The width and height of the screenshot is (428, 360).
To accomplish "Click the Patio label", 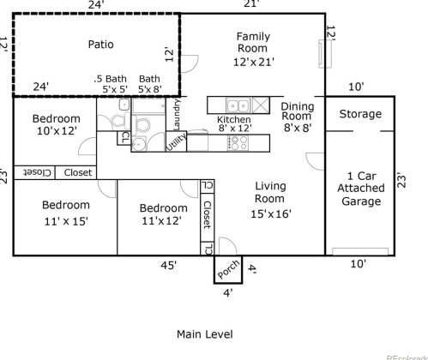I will [100, 44].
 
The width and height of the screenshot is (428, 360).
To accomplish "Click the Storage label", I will [360, 114].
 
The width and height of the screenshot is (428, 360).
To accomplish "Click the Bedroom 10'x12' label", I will [56, 125].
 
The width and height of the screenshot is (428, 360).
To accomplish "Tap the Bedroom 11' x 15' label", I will [65, 213].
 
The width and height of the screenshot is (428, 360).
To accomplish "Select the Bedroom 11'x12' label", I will [162, 214].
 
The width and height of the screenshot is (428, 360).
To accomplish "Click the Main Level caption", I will [204, 333].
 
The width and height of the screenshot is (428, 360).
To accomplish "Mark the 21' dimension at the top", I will [251, 5].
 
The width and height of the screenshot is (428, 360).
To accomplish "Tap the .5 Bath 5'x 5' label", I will [112, 83].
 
